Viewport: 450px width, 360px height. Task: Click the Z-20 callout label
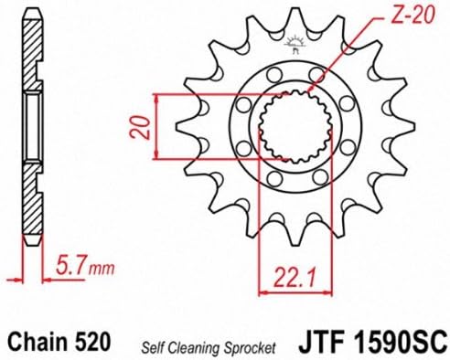(412, 15)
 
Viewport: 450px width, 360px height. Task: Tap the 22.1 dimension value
(295, 278)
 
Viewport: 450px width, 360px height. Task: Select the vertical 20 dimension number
(140, 127)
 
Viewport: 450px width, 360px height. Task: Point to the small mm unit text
(102, 269)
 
